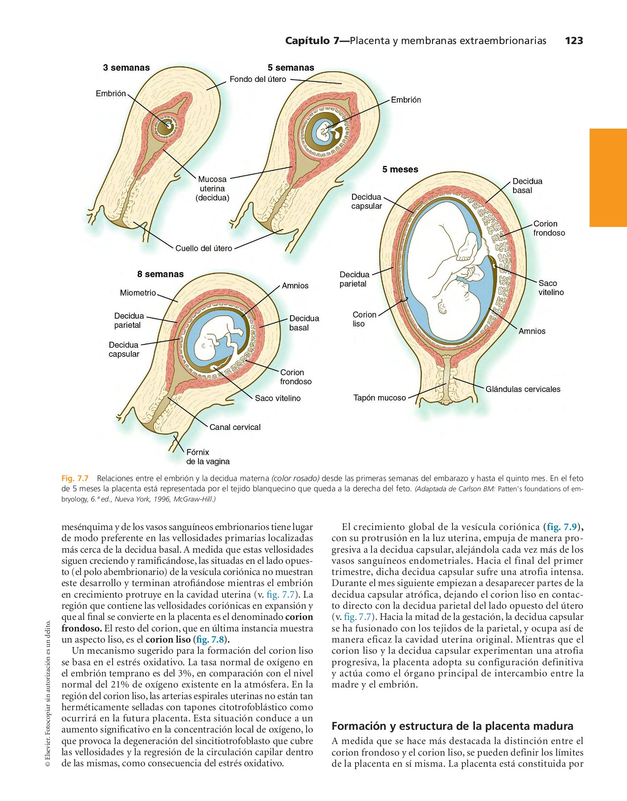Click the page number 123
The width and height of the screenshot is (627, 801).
pos(574,40)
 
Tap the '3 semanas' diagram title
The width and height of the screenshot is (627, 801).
pos(126,68)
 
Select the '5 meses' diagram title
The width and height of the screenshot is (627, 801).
pos(400,170)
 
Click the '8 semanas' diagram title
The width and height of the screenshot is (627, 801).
pos(160,274)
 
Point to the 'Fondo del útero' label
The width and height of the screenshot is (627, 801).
pos(258,79)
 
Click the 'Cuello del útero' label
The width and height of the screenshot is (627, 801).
pos(203,248)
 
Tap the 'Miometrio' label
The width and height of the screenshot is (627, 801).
pos(138,293)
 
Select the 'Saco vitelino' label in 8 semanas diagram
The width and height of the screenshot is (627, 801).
pos(278,398)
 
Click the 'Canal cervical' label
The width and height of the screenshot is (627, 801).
pos(235,427)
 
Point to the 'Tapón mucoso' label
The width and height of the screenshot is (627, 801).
pos(380,398)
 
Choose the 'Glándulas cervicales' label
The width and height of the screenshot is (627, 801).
pos(523,389)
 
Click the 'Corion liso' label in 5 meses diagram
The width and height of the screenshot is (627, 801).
pos(364,319)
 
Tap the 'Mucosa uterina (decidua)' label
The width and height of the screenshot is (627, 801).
pos(212,188)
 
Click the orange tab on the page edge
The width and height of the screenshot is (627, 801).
pos(608,178)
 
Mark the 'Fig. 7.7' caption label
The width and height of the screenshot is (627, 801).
pos(75,478)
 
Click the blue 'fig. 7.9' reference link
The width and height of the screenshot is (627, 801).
pos(562,527)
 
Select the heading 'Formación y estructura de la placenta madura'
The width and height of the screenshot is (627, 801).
pos(452,726)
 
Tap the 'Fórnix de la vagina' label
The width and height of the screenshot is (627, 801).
pos(207,457)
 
